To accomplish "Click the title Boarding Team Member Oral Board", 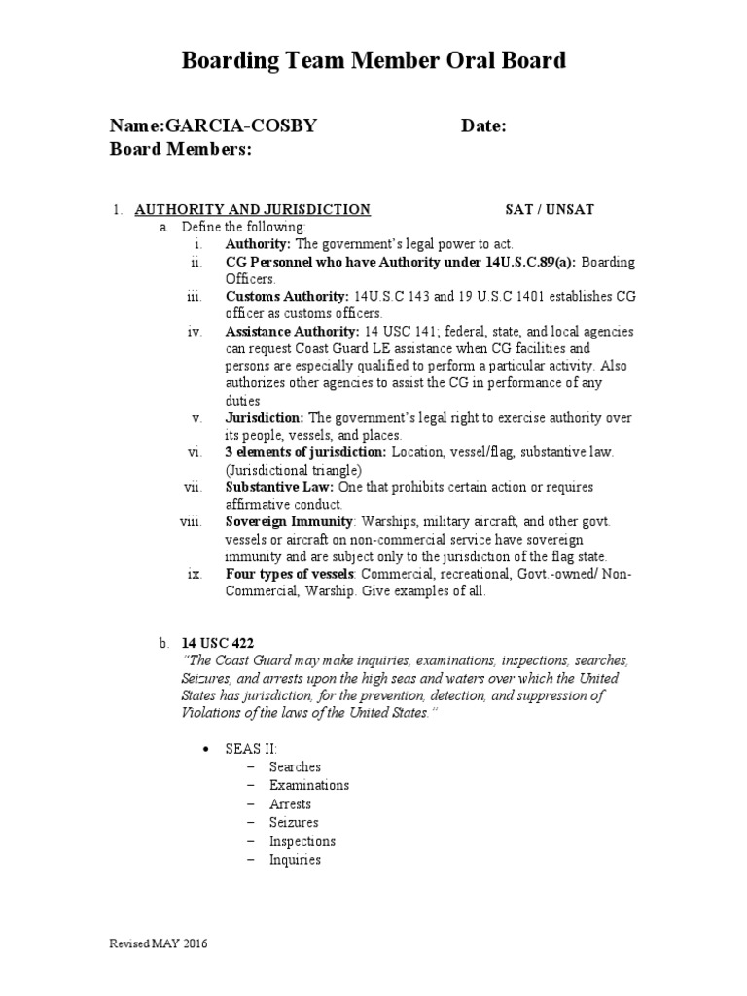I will pyautogui.click(x=373, y=61).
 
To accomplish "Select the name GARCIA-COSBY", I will pyautogui.click(x=241, y=126).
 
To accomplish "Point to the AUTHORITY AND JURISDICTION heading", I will pyautogui.click(x=252, y=209).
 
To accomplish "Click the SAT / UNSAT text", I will pyautogui.click(x=550, y=209).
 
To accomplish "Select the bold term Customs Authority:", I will pyautogui.click(x=287, y=296).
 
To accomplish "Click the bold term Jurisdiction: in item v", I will pyautogui.click(x=265, y=418).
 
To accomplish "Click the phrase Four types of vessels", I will pyautogui.click(x=290, y=574).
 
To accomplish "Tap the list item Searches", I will pyautogui.click(x=295, y=766).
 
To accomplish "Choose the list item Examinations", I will pyautogui.click(x=309, y=785).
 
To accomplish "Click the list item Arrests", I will pyautogui.click(x=290, y=804).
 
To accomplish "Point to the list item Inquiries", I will pyautogui.click(x=295, y=860).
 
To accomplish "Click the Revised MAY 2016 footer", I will pyautogui.click(x=157, y=943).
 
